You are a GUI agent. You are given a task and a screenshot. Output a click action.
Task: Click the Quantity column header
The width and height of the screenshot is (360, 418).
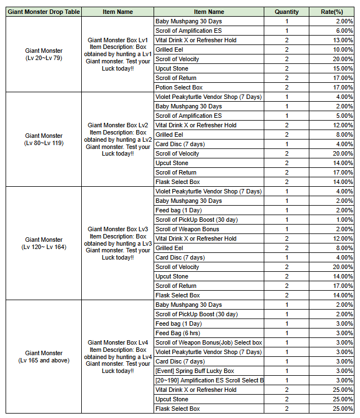(287, 12)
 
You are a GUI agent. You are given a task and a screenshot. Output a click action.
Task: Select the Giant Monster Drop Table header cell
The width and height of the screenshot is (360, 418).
(43, 12)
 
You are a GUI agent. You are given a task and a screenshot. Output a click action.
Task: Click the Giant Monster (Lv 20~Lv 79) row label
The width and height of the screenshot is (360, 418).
(43, 54)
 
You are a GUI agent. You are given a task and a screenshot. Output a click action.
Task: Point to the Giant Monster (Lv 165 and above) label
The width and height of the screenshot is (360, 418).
(43, 356)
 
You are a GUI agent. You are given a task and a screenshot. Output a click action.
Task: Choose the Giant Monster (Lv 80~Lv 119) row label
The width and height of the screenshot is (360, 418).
(43, 139)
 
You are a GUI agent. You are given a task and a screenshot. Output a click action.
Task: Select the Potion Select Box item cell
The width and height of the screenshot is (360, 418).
(179, 87)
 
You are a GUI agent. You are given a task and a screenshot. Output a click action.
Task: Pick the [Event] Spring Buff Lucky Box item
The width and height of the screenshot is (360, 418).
(195, 371)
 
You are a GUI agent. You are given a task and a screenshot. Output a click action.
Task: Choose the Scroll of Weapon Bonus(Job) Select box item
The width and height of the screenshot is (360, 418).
(209, 342)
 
